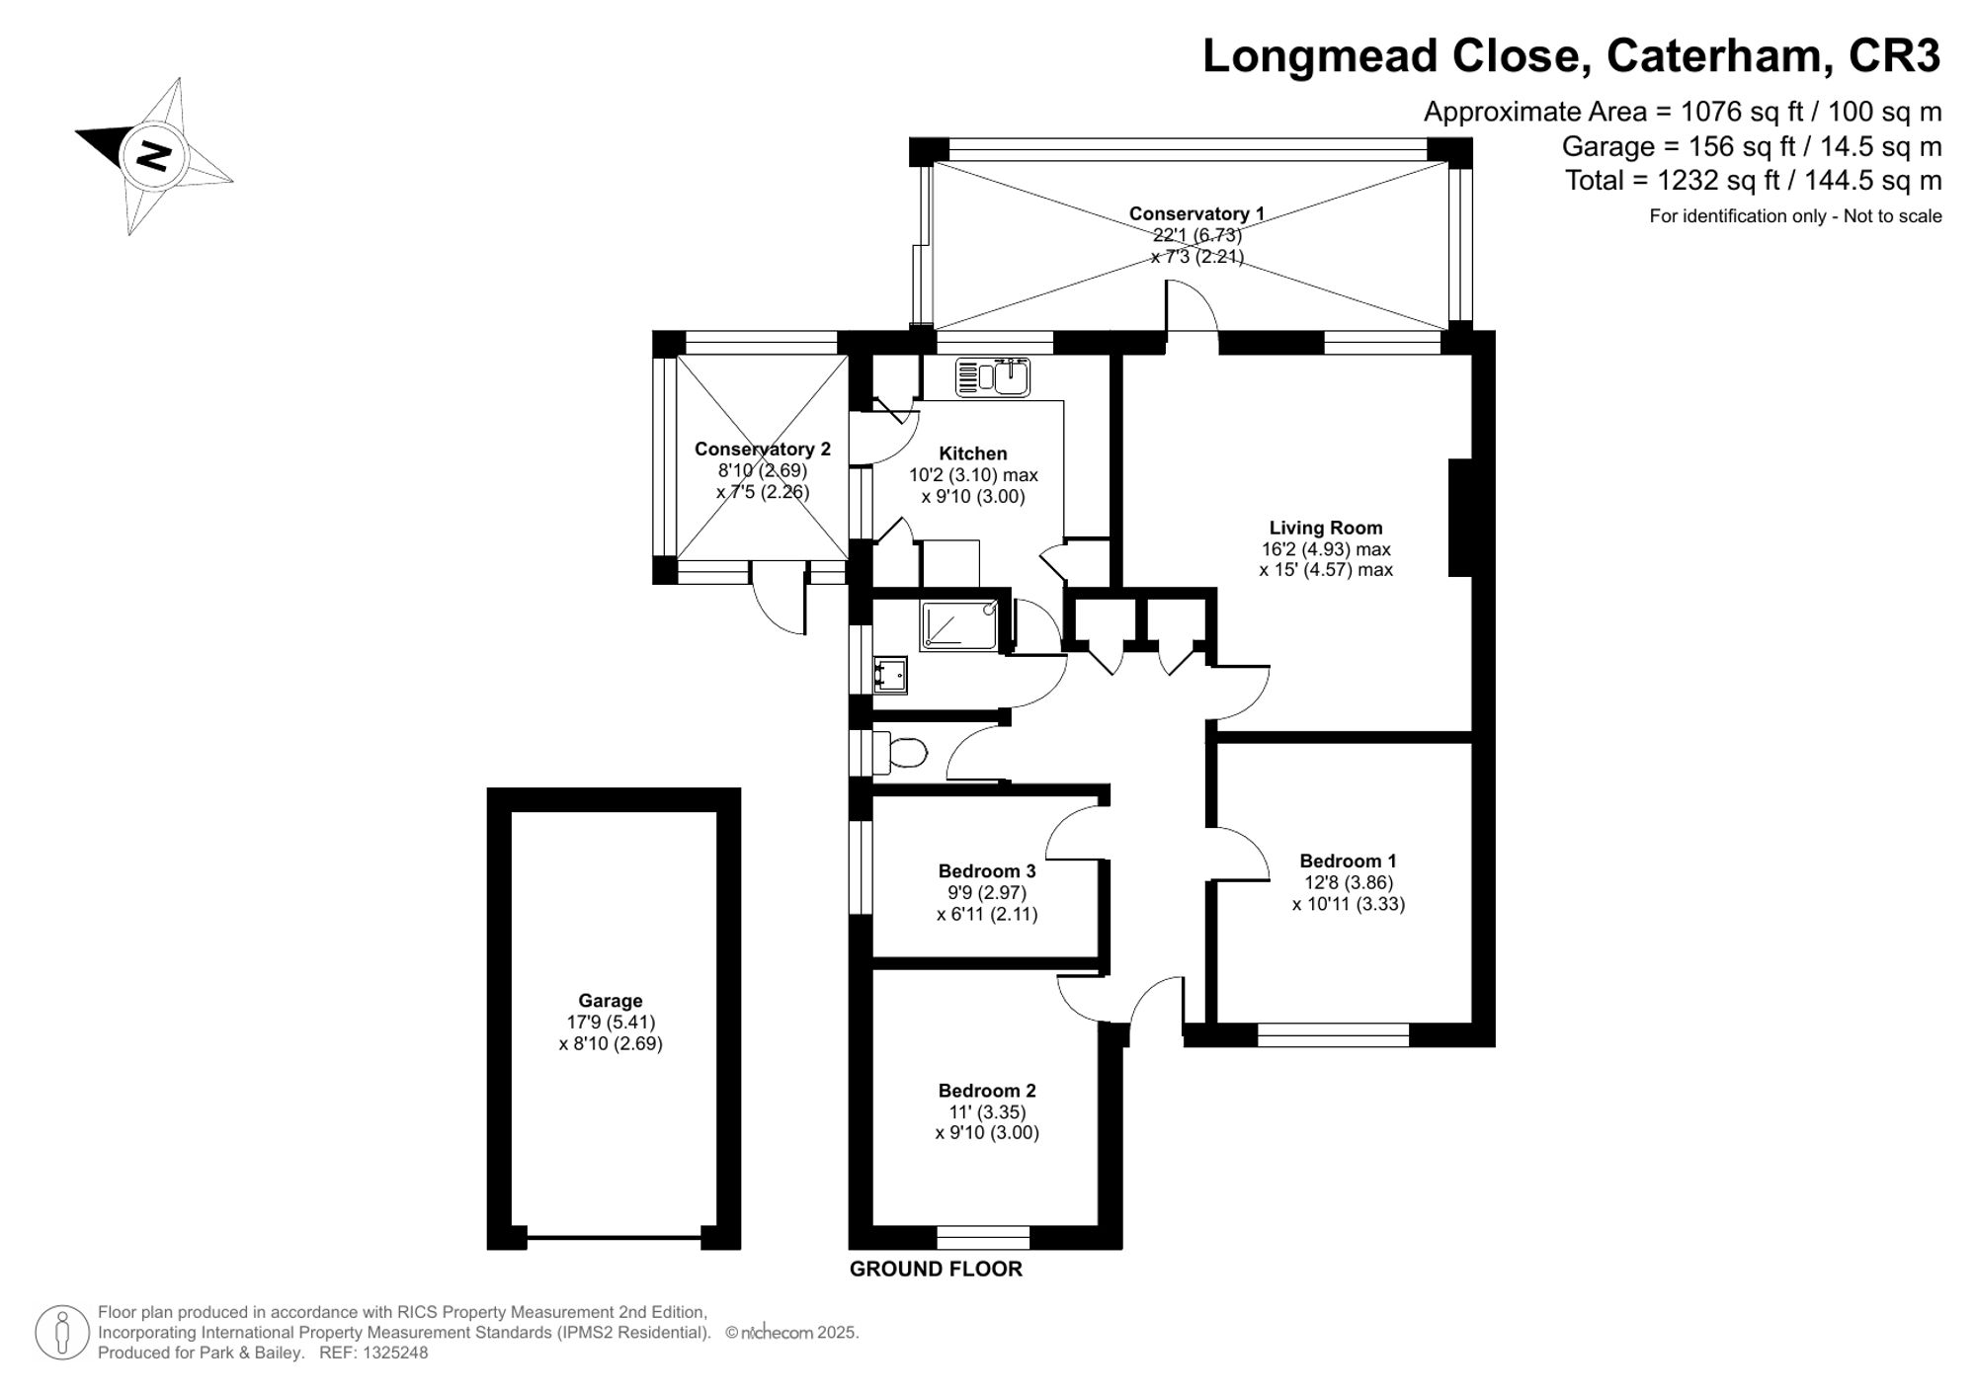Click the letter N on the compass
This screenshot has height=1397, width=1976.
(x=153, y=155)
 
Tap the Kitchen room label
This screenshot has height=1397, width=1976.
(x=972, y=453)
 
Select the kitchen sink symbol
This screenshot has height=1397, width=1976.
(x=993, y=377)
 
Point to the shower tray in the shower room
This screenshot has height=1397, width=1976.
(x=958, y=625)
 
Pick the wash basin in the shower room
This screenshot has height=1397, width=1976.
(x=889, y=675)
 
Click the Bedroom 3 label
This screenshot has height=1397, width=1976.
(x=986, y=870)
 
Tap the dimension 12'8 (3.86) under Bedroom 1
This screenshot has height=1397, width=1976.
(x=1348, y=882)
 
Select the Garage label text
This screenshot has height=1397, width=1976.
(x=610, y=1001)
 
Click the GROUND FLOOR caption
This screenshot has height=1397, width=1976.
(x=935, y=1270)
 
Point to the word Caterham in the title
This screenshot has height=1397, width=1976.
(x=1713, y=56)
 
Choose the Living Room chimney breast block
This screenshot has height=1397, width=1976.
(x=1460, y=517)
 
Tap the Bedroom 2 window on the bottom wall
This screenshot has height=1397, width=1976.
(x=983, y=1237)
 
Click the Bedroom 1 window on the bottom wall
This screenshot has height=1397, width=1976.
(x=1333, y=1034)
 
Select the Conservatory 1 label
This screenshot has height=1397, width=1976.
(x=1195, y=213)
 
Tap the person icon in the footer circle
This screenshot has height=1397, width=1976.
(x=62, y=1333)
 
